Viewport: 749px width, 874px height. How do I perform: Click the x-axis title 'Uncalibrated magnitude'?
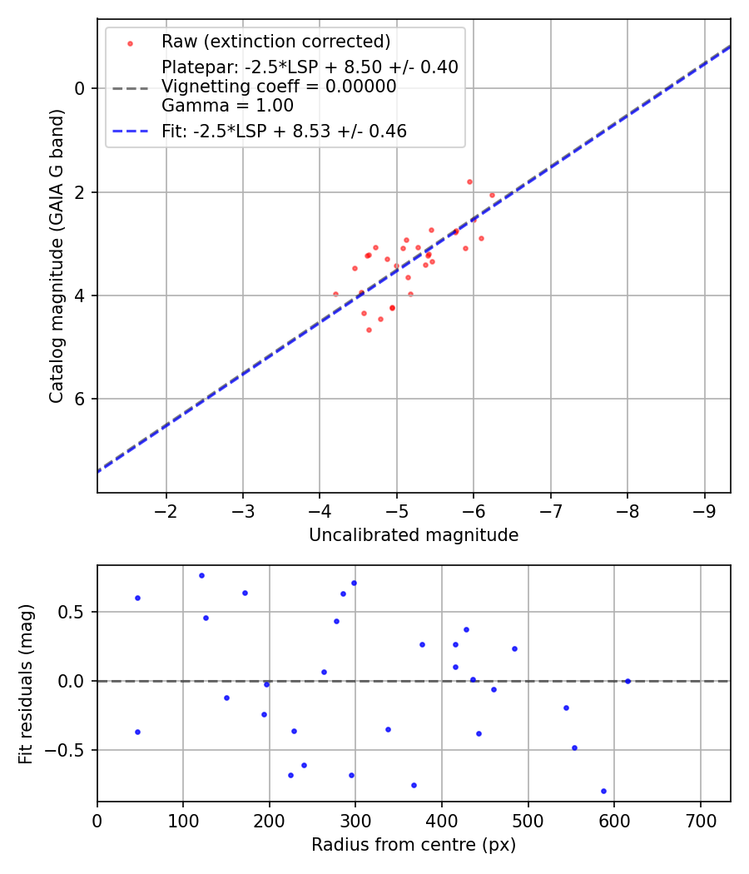coord(414,535)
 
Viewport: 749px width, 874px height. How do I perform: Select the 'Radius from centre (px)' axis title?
coord(414,845)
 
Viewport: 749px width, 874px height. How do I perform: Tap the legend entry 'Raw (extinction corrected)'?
coord(275,42)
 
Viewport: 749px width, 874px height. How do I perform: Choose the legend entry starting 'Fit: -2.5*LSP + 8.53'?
coord(284,131)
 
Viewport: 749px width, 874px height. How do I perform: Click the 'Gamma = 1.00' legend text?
coord(227,106)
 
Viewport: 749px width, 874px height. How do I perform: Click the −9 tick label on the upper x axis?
coord(705,509)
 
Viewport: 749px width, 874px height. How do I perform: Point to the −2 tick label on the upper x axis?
coord(166,509)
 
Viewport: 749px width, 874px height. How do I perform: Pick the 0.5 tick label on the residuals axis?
coord(76,613)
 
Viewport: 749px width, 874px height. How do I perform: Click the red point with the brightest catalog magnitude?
coord(469,181)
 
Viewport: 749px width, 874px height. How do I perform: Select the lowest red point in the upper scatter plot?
coord(369,330)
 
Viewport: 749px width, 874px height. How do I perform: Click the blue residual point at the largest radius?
coord(627,681)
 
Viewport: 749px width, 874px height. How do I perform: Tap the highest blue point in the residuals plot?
coord(201,575)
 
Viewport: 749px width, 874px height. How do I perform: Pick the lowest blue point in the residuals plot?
coord(603,791)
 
